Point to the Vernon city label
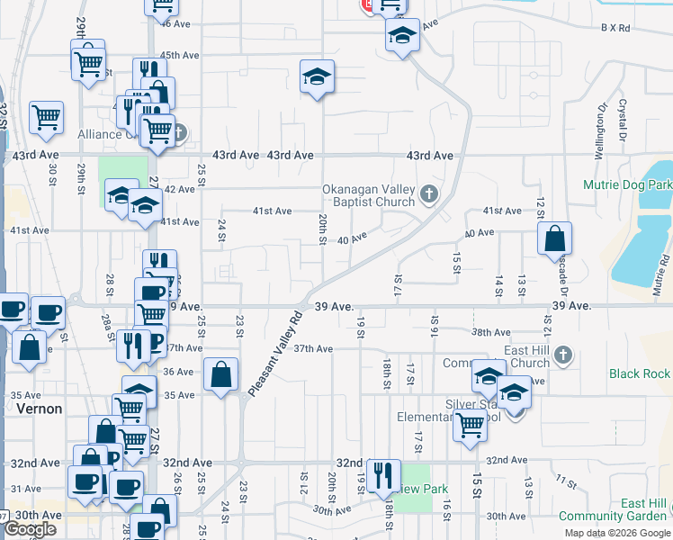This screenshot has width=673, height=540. (x=40, y=409)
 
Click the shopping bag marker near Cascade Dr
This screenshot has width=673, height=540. (x=556, y=238)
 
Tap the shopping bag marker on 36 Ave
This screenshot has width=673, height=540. (x=220, y=375)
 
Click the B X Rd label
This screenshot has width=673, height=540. (x=617, y=29)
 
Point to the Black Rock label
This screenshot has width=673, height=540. (x=639, y=373)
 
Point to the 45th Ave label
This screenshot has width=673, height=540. (x=180, y=55)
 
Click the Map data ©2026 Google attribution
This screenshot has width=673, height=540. (x=616, y=533)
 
